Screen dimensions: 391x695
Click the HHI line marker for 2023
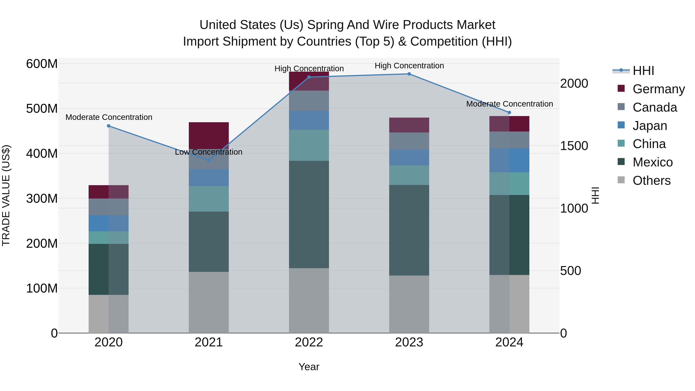tap(409, 74)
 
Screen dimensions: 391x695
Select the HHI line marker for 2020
tap(109, 126)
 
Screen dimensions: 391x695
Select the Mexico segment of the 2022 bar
tap(309, 215)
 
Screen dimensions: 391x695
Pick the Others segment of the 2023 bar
tap(409, 304)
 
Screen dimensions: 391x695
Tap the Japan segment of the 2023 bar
tap(409, 158)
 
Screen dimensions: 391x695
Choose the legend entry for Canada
tap(654, 107)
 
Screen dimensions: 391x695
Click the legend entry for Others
tap(651, 181)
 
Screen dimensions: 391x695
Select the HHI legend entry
tap(643, 71)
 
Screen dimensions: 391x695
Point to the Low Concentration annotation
tap(208, 152)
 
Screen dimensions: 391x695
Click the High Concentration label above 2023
tap(409, 66)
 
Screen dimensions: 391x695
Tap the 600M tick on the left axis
tap(42, 64)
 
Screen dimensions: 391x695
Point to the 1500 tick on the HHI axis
tap(574, 146)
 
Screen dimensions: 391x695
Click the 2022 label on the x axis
tap(309, 342)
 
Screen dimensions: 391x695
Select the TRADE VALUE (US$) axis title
tap(6, 195)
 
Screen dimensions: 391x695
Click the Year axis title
tap(309, 367)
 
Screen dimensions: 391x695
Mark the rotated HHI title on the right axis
tap(595, 195)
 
